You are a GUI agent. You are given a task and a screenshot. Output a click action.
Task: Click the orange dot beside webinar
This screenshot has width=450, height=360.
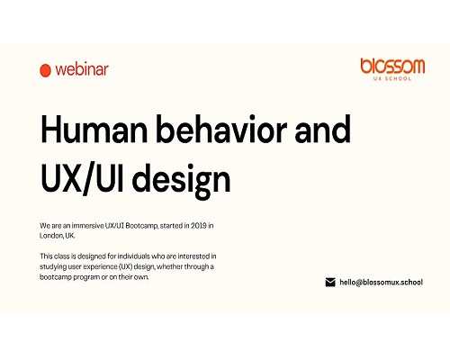tap(45, 70)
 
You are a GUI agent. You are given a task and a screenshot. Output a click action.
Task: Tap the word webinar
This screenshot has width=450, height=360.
tap(82, 69)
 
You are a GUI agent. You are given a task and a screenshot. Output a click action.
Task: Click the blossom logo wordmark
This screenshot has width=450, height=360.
tap(392, 66)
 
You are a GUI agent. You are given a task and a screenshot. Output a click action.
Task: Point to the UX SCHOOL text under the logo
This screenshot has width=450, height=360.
tap(392, 78)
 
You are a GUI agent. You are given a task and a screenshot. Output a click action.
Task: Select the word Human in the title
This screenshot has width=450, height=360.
tap(94, 129)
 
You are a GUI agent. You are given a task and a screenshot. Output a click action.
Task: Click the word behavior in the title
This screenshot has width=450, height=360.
tap(221, 129)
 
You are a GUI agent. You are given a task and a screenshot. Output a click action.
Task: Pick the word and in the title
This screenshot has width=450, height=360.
tap(323, 129)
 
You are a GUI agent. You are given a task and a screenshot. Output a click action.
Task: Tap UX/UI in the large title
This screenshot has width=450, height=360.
tap(82, 178)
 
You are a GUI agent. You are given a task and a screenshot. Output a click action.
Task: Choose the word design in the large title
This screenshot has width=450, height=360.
tap(181, 181)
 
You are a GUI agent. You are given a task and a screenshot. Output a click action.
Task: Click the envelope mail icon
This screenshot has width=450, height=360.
tap(330, 283)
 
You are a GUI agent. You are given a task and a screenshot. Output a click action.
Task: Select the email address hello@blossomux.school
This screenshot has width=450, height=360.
tap(381, 283)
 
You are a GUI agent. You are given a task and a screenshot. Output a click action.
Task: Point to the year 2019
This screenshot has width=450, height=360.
tap(199, 226)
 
